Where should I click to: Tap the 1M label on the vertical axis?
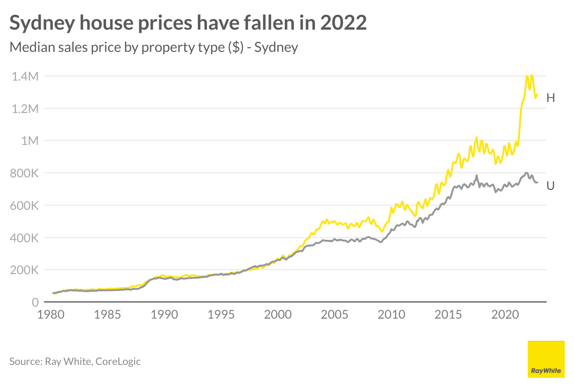click(30, 141)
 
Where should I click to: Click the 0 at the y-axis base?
click(35, 302)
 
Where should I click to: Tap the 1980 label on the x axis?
click(51, 315)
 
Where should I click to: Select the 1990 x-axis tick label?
click(164, 315)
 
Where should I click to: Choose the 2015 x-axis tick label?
click(449, 315)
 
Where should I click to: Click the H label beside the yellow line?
click(550, 98)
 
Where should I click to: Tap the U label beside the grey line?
click(550, 186)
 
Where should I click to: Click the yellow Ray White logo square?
click(546, 359)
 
